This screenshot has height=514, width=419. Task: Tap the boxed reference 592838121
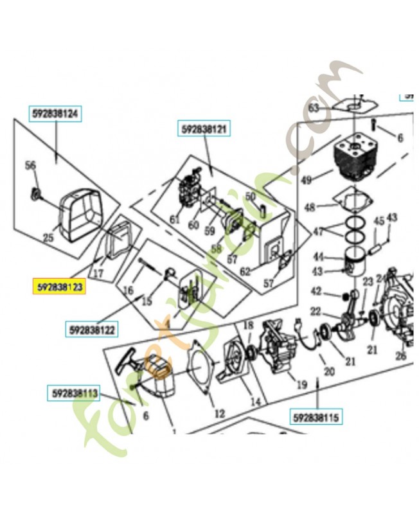204,130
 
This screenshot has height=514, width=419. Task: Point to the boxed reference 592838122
93,330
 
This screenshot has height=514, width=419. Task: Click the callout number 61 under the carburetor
174,220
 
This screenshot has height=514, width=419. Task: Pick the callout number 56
30,166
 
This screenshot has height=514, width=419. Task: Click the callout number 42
316,291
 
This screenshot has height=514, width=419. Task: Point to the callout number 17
99,272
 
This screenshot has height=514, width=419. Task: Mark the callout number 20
330,371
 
